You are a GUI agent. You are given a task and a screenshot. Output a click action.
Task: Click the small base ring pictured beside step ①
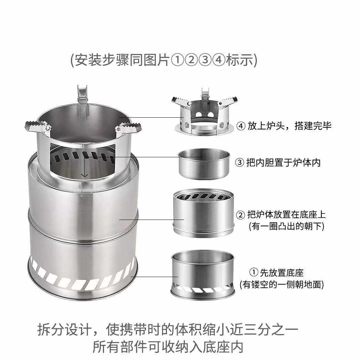click(203, 274)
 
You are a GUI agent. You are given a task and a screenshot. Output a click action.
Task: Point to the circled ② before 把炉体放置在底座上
click(241, 215)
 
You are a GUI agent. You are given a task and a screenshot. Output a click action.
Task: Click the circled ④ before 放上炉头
click(241, 126)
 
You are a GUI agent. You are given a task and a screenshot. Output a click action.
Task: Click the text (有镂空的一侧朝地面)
click(282, 284)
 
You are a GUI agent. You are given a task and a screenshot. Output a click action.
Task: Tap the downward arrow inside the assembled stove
click(84, 172)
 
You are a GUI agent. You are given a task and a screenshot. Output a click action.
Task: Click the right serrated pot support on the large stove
click(127, 129)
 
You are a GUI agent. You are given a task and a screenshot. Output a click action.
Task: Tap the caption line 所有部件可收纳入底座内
click(168, 347)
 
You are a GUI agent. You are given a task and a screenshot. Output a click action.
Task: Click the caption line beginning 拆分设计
click(168, 329)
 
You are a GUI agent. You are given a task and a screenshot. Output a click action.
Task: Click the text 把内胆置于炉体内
click(283, 162)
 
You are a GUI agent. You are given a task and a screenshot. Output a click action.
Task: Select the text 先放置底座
click(282, 273)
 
